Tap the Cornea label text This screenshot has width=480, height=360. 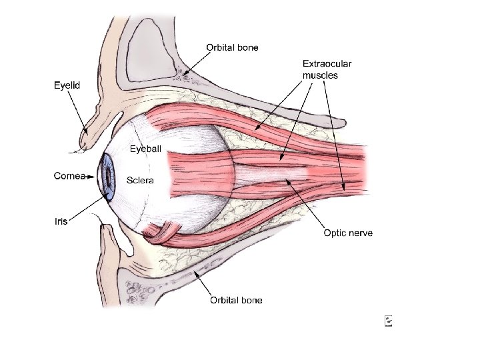[69, 176]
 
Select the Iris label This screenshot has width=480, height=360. [61, 221]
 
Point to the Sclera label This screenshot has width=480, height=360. [141, 180]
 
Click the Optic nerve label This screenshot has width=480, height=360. [348, 233]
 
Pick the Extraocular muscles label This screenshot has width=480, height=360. [327, 69]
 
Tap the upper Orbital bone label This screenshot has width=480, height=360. [232, 47]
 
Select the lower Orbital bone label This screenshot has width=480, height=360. [236, 300]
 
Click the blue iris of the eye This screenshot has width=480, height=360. [107, 176]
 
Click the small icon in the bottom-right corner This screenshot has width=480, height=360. [388, 321]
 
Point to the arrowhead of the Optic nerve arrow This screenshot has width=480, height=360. [287, 179]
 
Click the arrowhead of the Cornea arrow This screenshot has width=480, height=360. [99, 176]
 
